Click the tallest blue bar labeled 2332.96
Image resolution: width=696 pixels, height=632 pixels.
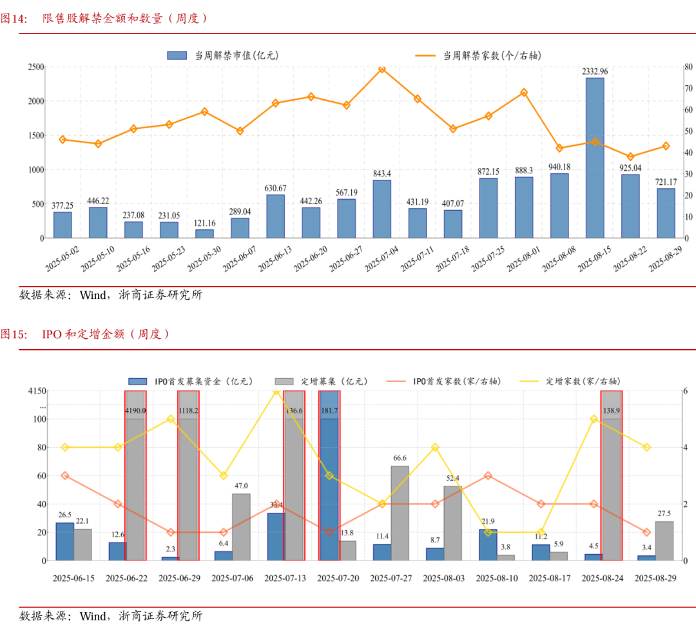tap(594, 158)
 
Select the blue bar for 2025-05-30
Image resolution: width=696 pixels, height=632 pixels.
tap(204, 234)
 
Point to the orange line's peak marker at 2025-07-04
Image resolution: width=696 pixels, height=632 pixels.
tap(382, 69)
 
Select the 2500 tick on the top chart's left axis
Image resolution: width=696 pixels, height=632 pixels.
tap(35, 67)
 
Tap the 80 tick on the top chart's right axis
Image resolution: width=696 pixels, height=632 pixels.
tap(688, 67)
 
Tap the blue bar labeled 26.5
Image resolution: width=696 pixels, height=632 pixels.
tap(64, 541)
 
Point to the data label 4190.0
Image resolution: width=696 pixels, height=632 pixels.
tap(135, 410)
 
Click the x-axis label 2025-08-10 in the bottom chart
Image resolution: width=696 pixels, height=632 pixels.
tap(496, 579)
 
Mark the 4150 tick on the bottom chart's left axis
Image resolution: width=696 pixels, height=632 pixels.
tap(35, 391)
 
